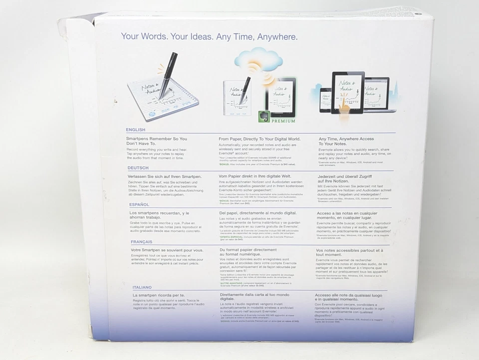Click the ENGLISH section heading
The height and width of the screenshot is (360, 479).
point(136,130)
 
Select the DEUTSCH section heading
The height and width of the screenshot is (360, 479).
point(138,168)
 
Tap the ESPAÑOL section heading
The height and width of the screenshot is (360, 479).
point(139,204)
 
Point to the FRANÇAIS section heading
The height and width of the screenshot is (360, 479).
point(142,241)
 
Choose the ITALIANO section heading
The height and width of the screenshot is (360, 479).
point(142,288)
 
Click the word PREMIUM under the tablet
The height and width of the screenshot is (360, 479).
point(283,121)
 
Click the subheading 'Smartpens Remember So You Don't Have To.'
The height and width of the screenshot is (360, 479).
point(157,141)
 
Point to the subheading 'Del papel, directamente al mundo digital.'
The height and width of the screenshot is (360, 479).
point(261,213)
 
